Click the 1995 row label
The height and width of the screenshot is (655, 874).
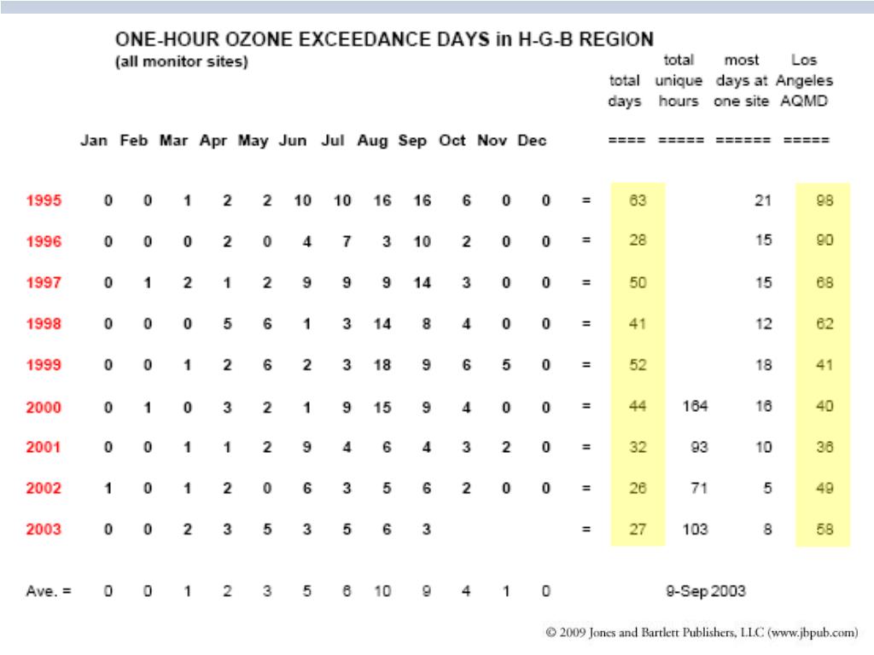tap(44, 201)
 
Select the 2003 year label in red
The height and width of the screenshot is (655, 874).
tap(44, 530)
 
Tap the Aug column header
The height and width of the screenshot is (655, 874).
tap(372, 141)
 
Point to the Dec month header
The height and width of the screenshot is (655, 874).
tap(532, 141)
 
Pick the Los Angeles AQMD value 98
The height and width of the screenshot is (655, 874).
tap(823, 201)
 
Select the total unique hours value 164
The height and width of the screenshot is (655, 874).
tap(695, 407)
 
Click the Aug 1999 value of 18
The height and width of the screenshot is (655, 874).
tap(382, 366)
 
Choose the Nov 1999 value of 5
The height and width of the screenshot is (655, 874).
tap(506, 366)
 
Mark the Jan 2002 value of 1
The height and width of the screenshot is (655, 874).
tap(108, 489)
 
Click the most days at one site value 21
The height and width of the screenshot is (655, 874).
tap(764, 201)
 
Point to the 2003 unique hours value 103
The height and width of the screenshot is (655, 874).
tap(695, 530)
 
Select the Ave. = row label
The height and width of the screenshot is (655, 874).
tap(48, 590)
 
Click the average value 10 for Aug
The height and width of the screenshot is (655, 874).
tap(382, 590)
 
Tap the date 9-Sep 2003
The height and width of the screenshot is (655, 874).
tap(705, 590)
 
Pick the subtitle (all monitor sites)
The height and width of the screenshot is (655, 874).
tap(181, 62)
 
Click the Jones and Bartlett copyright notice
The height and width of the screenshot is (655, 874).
tap(702, 633)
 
